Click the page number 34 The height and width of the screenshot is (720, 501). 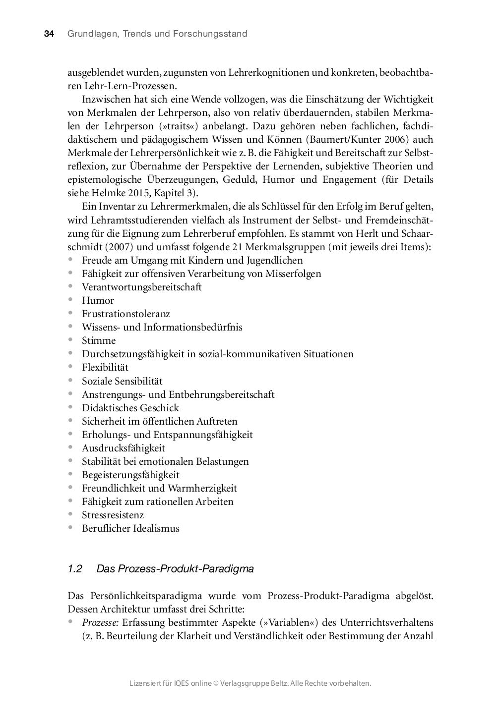click(x=49, y=34)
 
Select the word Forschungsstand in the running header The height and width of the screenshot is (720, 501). click(x=210, y=34)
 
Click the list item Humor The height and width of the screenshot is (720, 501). click(x=98, y=300)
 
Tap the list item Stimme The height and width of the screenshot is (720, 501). click(x=99, y=340)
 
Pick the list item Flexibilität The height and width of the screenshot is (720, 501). click(x=105, y=367)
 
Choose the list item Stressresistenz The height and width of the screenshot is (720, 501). click(x=113, y=515)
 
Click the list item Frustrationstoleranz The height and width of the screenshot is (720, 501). click(x=126, y=314)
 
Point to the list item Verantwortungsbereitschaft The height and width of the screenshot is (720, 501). click(x=142, y=287)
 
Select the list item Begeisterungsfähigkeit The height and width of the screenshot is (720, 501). click(x=130, y=475)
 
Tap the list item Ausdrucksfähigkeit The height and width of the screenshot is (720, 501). click(x=124, y=448)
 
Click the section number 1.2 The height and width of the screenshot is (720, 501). click(x=74, y=569)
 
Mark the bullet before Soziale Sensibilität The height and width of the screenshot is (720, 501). click(x=71, y=381)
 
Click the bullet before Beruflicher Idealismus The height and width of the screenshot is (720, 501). click(x=71, y=528)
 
